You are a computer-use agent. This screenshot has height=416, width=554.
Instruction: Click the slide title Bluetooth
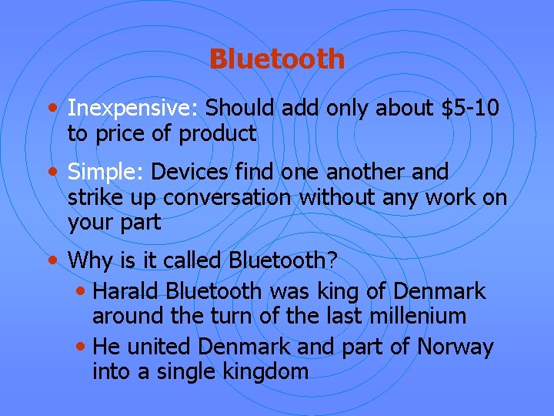pyautogui.click(x=276, y=59)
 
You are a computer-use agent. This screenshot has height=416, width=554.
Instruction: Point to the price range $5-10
pyautogui.click(x=471, y=108)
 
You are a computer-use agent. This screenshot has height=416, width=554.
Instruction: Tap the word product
pyautogui.click(x=218, y=133)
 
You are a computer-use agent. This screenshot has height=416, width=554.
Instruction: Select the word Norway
pyautogui.click(x=455, y=347)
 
